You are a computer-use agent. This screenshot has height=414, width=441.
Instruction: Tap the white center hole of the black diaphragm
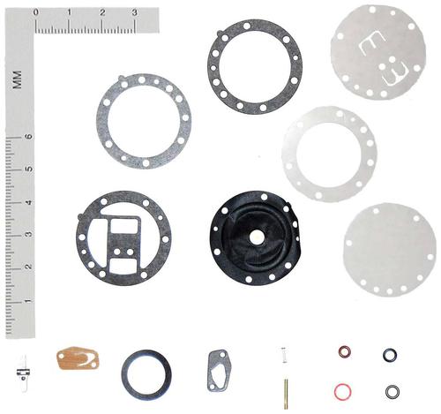(257, 237)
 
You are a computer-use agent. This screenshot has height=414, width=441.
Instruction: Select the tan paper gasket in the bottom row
(78, 358)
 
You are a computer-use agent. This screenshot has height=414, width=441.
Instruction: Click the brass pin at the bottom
(286, 394)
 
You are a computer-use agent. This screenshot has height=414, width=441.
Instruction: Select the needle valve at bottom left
(24, 373)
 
